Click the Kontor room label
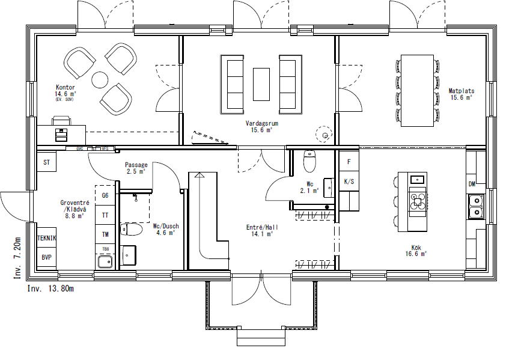click(x=65, y=88)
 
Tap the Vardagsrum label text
click(x=261, y=123)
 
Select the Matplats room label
click(x=461, y=91)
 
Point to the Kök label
click(x=415, y=247)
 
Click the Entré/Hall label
click(x=261, y=228)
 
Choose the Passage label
click(x=136, y=165)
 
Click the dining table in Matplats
click(x=417, y=90)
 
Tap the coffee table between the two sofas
click(x=261, y=84)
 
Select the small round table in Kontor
click(x=100, y=79)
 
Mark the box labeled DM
click(x=472, y=184)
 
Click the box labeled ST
click(x=46, y=162)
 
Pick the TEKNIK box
click(x=46, y=238)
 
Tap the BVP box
click(x=46, y=257)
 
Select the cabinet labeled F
click(x=349, y=162)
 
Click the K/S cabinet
click(x=349, y=181)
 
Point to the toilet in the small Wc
click(x=309, y=161)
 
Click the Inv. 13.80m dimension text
click(x=50, y=289)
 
